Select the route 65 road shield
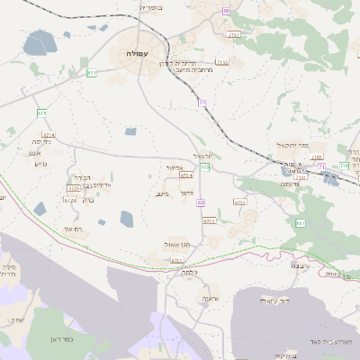click(225, 11)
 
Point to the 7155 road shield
click(221, 62)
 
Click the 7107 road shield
click(234, 34)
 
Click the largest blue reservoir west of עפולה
click(38, 42)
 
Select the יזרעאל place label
click(202, 156)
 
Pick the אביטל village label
click(175, 167)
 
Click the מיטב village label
click(162, 193)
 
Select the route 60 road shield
click(201, 202)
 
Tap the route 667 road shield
click(301, 222)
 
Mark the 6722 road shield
click(238, 202)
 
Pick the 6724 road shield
click(69, 200)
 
